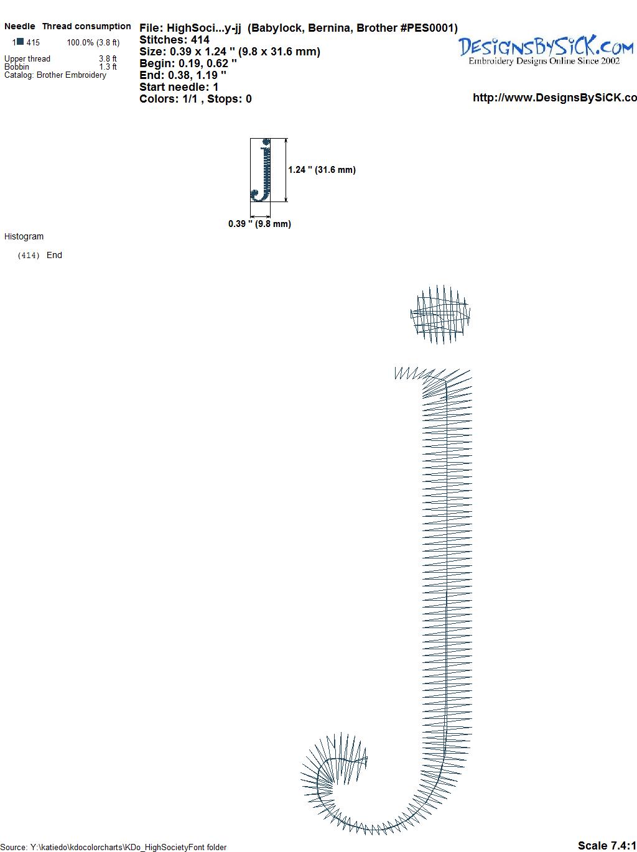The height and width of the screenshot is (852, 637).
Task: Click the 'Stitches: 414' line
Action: click(174, 40)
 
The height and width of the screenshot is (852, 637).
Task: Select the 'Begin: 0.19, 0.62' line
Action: click(188, 63)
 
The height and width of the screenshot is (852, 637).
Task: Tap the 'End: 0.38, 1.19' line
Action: click(182, 75)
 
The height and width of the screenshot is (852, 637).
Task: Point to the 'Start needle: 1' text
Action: click(179, 87)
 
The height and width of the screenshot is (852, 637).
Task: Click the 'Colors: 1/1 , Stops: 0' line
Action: click(195, 99)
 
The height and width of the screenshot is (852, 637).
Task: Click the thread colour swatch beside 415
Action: click(21, 42)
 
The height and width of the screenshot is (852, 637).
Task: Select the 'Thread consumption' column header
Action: click(86, 26)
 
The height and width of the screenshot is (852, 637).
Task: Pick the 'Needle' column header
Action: click(19, 26)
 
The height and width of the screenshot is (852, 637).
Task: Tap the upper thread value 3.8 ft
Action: click(108, 58)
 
